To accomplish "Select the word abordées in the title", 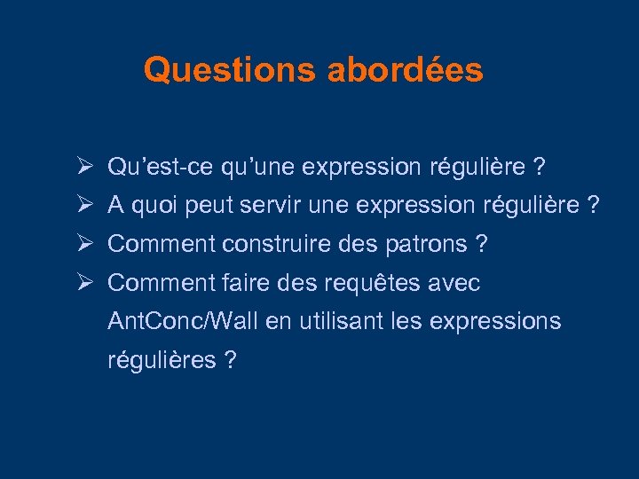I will tap(405, 69).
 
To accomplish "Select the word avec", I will tap(459, 284).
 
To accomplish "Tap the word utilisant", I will tap(340, 321).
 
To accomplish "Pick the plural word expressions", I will tap(495, 322).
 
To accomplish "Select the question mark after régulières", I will tap(230, 360).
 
